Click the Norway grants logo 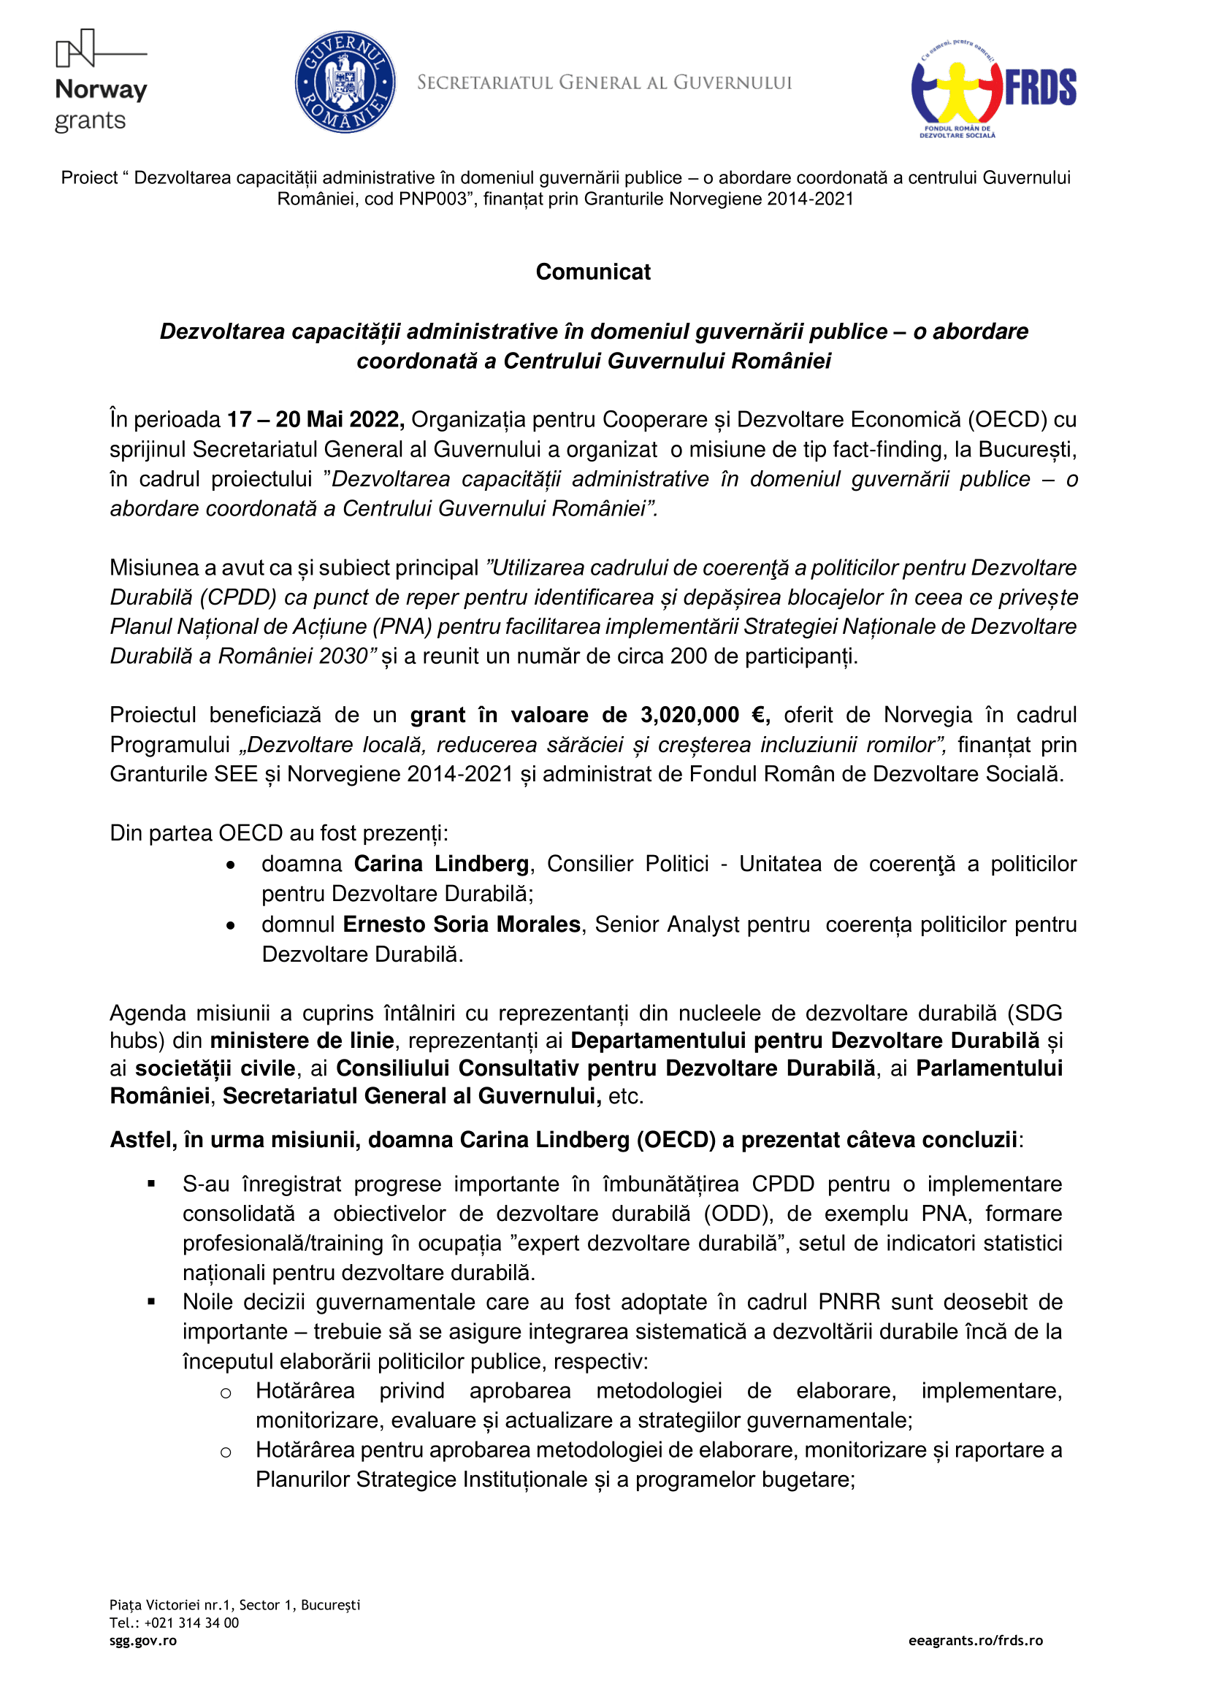[x=102, y=82]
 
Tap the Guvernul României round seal [x=345, y=82]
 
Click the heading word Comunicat [x=593, y=272]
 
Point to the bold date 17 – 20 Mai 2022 [x=316, y=420]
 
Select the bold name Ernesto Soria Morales [x=461, y=924]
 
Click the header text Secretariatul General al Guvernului [x=604, y=83]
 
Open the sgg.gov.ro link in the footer [x=143, y=1641]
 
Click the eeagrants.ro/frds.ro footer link [x=975, y=1641]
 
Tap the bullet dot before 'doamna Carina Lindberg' [x=232, y=865]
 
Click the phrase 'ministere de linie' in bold [x=302, y=1041]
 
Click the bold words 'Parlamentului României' [x=989, y=1068]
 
